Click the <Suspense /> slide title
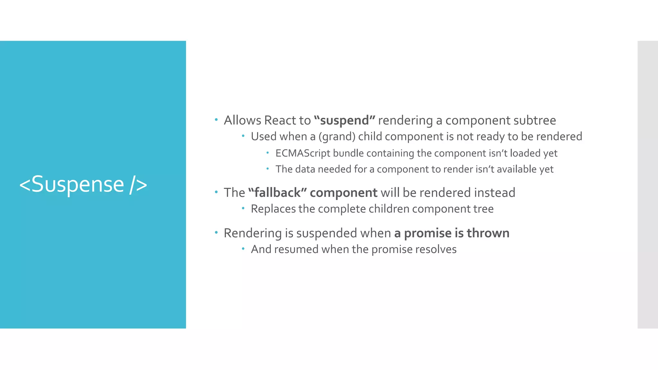click(83, 185)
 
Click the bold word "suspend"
click(344, 121)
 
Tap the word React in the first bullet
click(280, 120)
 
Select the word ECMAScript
click(303, 153)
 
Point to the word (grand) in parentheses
click(337, 137)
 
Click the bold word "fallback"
click(277, 193)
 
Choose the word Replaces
click(273, 209)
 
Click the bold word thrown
click(488, 233)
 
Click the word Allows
click(243, 120)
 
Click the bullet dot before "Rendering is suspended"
click(216, 232)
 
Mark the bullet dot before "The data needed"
click(267, 168)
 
